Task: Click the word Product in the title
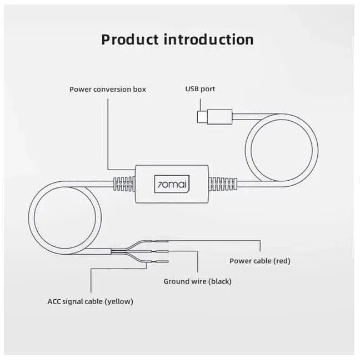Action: (x=130, y=39)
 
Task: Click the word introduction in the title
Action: (x=209, y=39)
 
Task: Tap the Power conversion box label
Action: (x=108, y=90)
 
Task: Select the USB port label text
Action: (x=200, y=89)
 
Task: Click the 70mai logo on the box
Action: (x=172, y=184)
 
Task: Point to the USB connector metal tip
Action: (x=202, y=117)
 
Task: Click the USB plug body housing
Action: (x=219, y=117)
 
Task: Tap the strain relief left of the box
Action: (x=124, y=184)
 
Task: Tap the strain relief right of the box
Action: (x=223, y=184)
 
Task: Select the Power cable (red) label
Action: (x=259, y=261)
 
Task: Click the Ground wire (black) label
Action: (x=197, y=281)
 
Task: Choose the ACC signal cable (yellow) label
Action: (x=90, y=301)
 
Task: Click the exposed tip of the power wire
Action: (x=162, y=241)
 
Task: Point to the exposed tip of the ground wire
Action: (x=162, y=251)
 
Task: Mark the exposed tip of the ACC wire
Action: (x=162, y=261)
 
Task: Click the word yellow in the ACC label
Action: (x=119, y=302)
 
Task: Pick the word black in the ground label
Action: (x=220, y=281)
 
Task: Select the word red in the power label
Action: (x=282, y=261)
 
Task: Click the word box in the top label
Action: (x=139, y=90)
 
